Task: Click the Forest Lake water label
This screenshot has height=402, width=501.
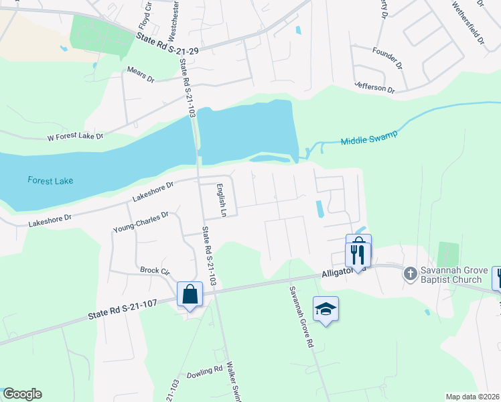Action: coord(50,180)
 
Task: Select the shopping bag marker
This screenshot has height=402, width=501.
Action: coord(190,294)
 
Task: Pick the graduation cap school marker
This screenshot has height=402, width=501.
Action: coord(326,309)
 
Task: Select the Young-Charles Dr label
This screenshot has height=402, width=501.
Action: coord(141,222)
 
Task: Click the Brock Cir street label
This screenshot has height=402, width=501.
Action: coord(155,271)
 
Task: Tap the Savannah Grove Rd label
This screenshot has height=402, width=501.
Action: coord(301,317)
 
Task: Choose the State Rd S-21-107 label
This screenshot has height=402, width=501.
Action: coord(123,309)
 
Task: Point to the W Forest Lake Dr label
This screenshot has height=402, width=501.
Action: coord(75,137)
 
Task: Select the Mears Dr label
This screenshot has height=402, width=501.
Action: coord(141,74)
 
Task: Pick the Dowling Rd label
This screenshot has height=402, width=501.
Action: coord(204,371)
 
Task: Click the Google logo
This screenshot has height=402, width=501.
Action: coord(22,394)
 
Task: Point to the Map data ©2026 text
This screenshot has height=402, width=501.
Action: coord(472,397)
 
